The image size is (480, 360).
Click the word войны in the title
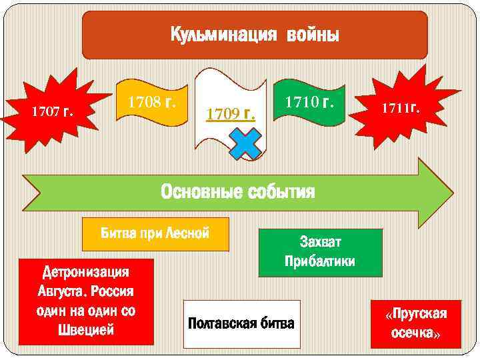(313, 34)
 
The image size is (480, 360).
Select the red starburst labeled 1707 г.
(53, 110)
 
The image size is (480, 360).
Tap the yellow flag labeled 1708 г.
(152, 103)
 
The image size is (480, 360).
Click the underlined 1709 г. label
(230, 113)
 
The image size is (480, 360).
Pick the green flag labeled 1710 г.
(310, 103)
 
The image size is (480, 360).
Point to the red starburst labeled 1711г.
(400, 107)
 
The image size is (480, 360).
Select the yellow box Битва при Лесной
(155, 233)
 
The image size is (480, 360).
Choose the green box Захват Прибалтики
(320, 252)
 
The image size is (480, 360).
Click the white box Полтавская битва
(241, 324)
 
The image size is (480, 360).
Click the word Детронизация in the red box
(85, 272)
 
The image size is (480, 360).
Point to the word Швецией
(86, 330)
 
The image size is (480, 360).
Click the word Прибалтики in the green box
(320, 261)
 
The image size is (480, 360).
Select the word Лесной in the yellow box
(189, 233)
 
